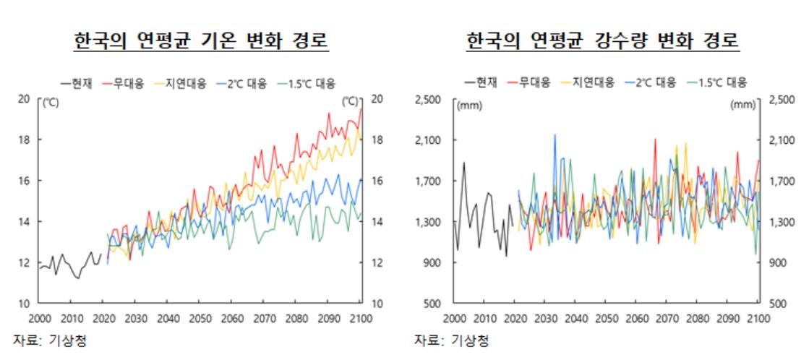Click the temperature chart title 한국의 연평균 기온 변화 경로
click(x=201, y=40)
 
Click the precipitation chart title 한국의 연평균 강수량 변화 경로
click(x=603, y=40)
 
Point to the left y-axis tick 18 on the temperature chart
click(x=24, y=140)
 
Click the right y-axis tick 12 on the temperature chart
click(x=376, y=262)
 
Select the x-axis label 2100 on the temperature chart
click(x=360, y=318)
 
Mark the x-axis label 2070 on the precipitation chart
click(x=667, y=318)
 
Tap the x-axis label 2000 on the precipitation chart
click(x=455, y=318)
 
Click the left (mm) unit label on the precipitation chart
click(x=468, y=106)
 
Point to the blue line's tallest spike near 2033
click(x=555, y=134)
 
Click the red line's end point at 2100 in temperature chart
click(x=361, y=108)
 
